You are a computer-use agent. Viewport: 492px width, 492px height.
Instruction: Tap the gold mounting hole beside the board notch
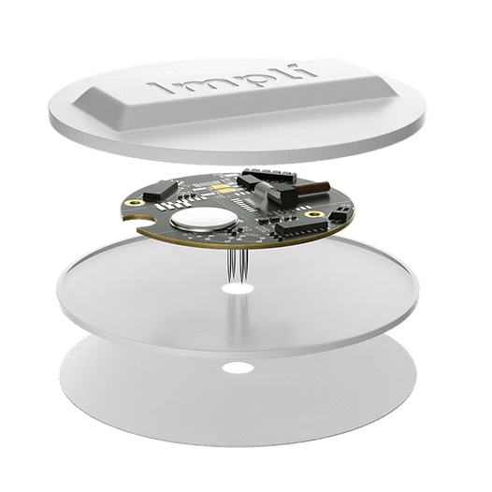pos(136,203)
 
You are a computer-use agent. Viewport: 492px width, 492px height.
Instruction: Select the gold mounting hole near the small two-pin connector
pos(314,214)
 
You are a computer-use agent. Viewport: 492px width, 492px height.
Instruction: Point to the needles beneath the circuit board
pos(238,266)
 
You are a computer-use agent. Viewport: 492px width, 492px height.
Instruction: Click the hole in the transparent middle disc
pos(238,289)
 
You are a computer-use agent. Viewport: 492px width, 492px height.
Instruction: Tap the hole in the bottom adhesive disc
pos(238,368)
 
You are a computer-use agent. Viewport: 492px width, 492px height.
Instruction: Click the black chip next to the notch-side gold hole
pos(160,190)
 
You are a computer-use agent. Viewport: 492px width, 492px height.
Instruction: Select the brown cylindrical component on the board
pos(313,188)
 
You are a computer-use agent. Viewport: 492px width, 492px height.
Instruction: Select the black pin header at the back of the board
pos(269,175)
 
